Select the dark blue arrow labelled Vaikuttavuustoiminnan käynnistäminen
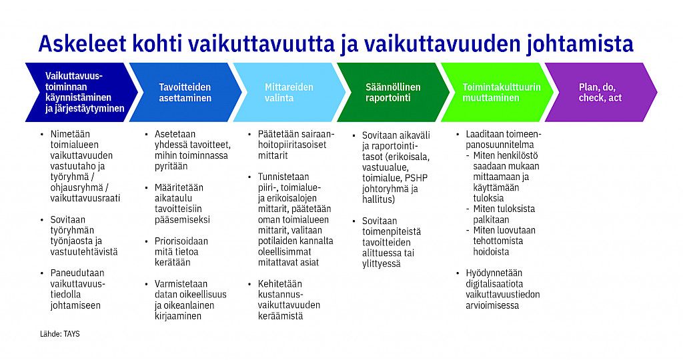[x=81, y=92]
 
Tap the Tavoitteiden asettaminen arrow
[x=185, y=92]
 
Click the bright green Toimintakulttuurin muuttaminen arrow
[x=497, y=92]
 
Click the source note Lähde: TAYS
[x=59, y=334]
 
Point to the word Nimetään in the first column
[x=70, y=134]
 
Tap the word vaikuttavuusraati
[x=85, y=198]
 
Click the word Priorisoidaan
[x=181, y=241]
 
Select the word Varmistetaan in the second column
[x=181, y=284]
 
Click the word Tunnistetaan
[x=283, y=177]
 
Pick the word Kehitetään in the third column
[x=279, y=284]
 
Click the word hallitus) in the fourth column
[x=379, y=199]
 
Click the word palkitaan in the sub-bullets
[x=492, y=219]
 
